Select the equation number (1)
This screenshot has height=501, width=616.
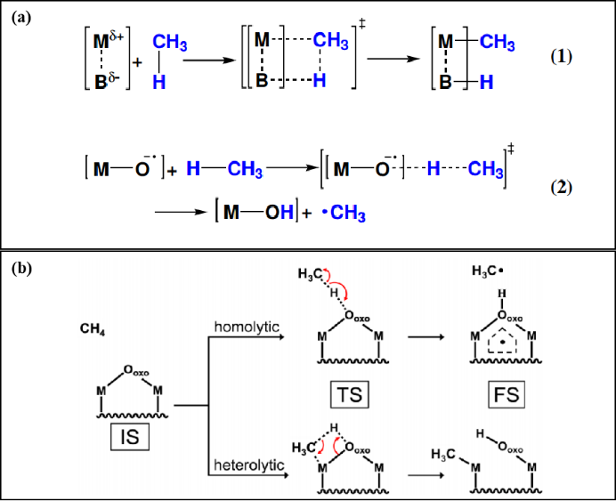point(561,56)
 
